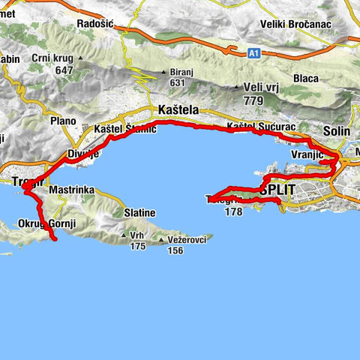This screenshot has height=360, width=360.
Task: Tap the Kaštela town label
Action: [179, 109]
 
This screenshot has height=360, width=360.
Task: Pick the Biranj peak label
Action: [172, 73]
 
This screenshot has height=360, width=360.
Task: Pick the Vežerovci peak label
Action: [185, 239]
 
